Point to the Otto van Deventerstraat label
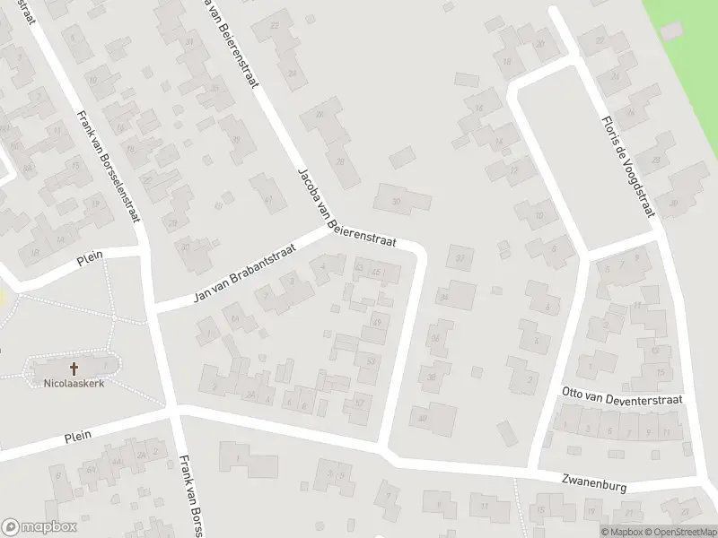tap(621, 398)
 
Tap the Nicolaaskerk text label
tap(74, 384)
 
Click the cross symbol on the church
tap(74, 368)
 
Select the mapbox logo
tap(37, 527)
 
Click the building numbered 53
tap(370, 360)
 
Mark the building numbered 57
tap(360, 403)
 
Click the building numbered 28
tap(340, 161)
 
